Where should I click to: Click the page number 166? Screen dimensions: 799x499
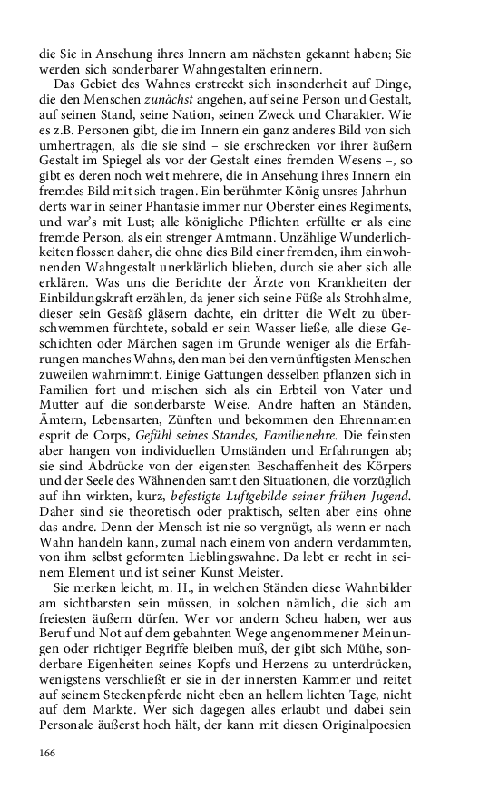coord(48,753)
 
